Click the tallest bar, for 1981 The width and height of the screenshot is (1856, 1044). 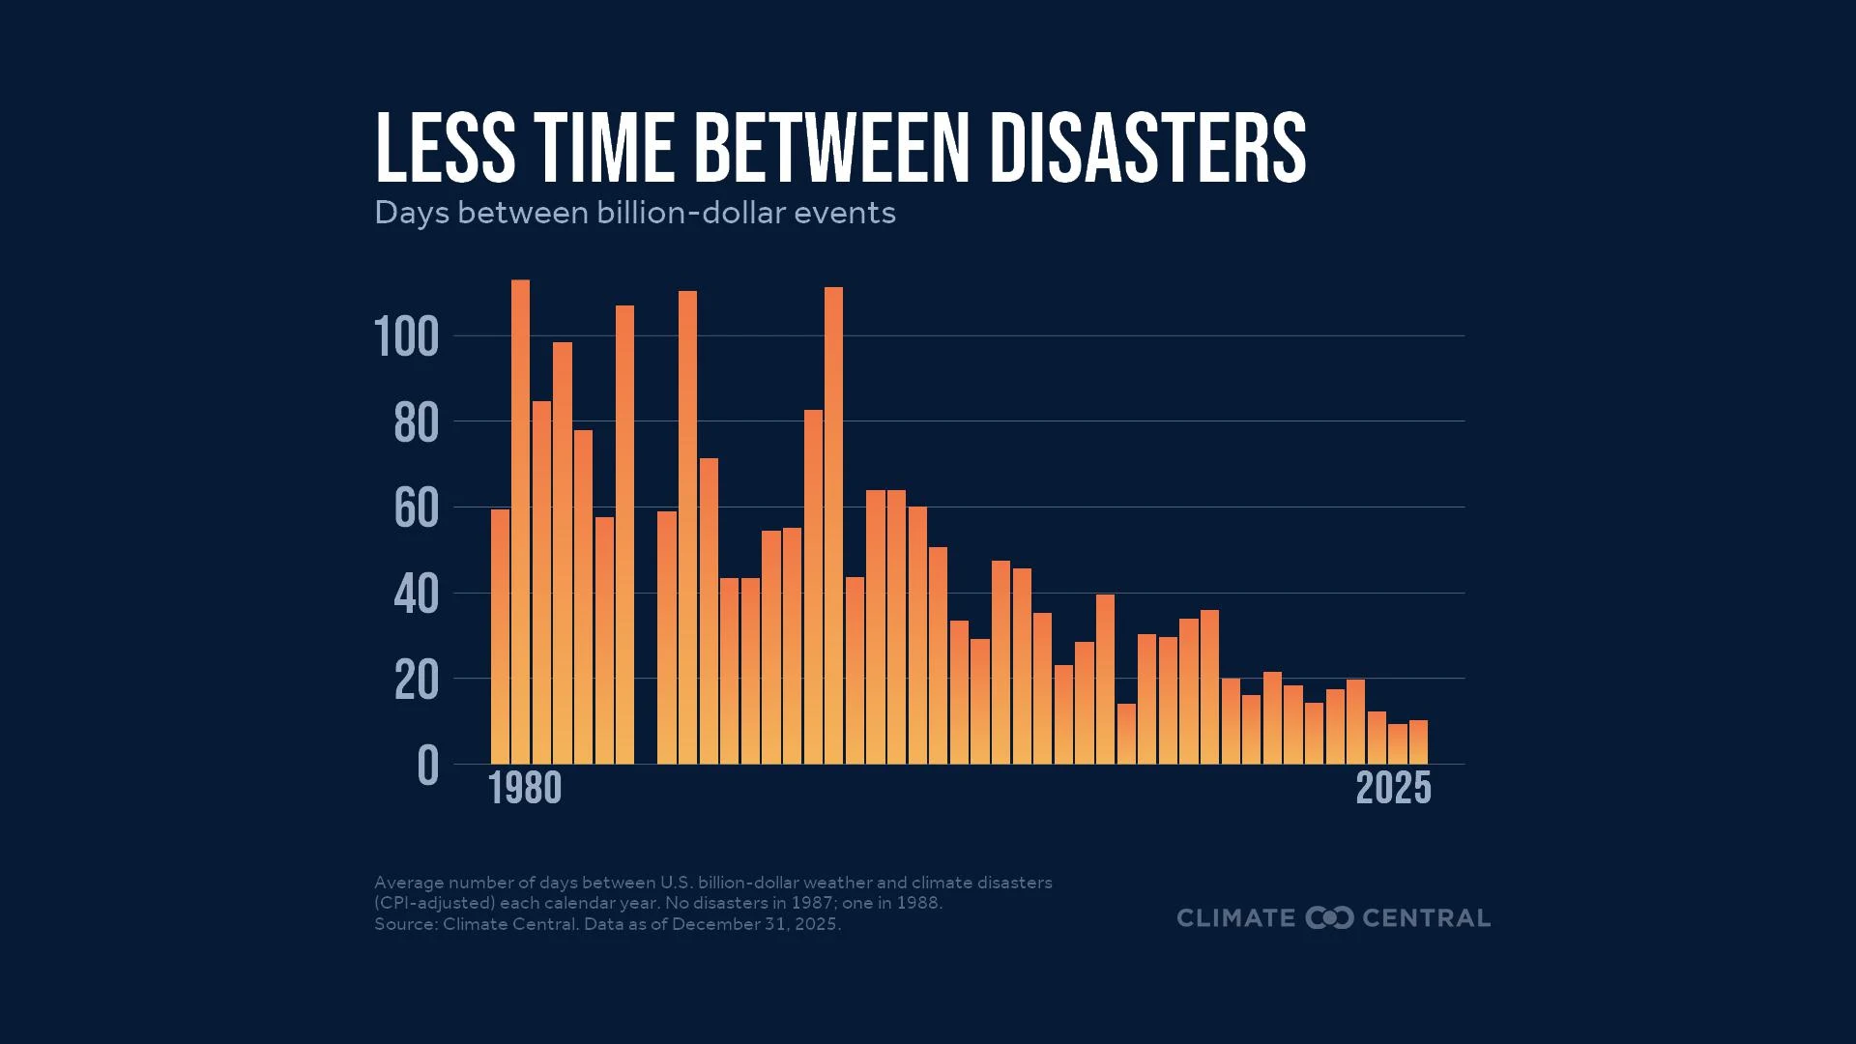pos(520,522)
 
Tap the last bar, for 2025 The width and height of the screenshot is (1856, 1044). pos(1418,742)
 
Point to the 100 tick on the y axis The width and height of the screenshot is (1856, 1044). pos(406,337)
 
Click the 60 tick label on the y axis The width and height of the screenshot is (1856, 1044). pos(417,508)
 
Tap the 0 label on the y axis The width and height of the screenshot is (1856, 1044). pos(427,767)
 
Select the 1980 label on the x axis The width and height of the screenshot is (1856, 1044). pos(525,788)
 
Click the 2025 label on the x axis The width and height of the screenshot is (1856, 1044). pos(1393,788)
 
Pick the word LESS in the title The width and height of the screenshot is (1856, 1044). pos(445,148)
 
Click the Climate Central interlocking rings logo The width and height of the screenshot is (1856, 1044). pos(1329,917)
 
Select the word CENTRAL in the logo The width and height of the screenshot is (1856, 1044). pos(1426,917)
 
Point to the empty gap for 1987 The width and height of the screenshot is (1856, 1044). pos(646,677)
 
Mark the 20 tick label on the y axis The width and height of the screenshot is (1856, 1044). pos(417,681)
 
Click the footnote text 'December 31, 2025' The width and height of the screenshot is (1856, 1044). pos(755,924)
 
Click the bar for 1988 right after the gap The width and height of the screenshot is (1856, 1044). pos(667,637)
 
